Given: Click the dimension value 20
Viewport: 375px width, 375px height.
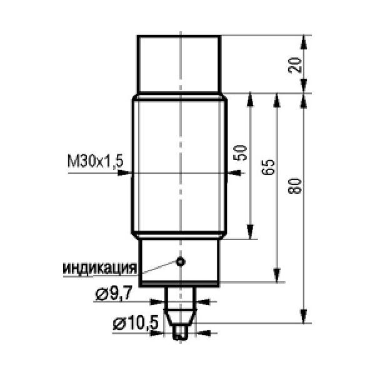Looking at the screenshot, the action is point(294,65).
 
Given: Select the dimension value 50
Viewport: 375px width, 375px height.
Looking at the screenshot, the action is point(241,153).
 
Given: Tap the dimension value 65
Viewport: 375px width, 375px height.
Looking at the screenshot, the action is point(268,167).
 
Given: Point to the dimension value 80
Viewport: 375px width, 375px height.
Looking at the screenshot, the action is point(294,186).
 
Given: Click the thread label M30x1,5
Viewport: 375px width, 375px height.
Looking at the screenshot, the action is point(96,161).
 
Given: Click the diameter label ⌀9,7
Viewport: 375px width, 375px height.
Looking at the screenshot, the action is point(114,294).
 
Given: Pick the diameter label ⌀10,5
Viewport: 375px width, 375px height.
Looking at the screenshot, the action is point(136,323).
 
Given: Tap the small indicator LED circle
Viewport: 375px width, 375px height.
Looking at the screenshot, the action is point(181,262).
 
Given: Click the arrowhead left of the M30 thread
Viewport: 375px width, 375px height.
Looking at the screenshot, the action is point(124,172).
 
